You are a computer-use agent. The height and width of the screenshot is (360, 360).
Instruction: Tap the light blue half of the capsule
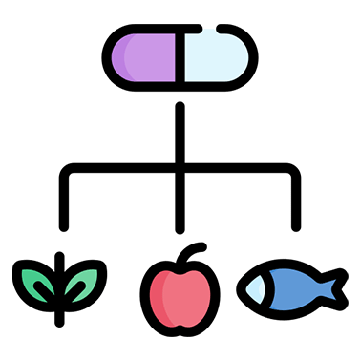[217, 56]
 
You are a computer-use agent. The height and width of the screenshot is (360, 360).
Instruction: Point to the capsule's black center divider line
[180, 56]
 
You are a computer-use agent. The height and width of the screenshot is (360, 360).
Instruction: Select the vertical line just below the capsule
[180, 124]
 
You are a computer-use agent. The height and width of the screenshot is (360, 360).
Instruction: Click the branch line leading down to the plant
[63, 205]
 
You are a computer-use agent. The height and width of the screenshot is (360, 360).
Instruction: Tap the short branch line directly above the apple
[180, 205]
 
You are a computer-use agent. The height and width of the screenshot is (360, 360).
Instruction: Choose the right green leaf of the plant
[87, 281]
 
